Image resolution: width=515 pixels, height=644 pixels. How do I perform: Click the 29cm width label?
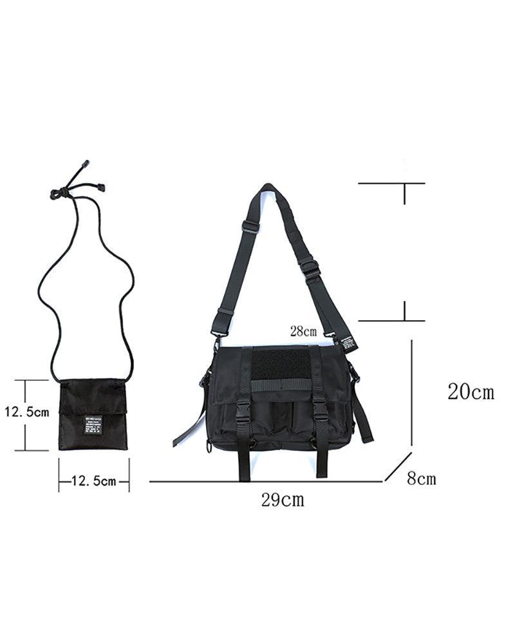pyautogui.click(x=283, y=500)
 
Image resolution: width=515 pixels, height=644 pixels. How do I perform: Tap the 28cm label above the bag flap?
pyautogui.click(x=303, y=332)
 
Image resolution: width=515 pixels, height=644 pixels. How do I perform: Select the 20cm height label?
pyautogui.click(x=471, y=392)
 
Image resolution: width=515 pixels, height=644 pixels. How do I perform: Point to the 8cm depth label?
pyautogui.click(x=421, y=478)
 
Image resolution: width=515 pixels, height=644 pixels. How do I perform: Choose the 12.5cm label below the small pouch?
pyautogui.click(x=94, y=480)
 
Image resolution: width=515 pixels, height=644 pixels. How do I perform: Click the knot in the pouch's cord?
pyautogui.click(x=61, y=192)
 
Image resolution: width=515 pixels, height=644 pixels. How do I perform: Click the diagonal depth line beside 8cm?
pyautogui.click(x=398, y=466)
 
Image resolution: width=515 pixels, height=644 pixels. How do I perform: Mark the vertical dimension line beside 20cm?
pyautogui.click(x=411, y=393)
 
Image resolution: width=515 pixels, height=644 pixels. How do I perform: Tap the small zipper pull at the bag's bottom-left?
pyautogui.click(x=207, y=448)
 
